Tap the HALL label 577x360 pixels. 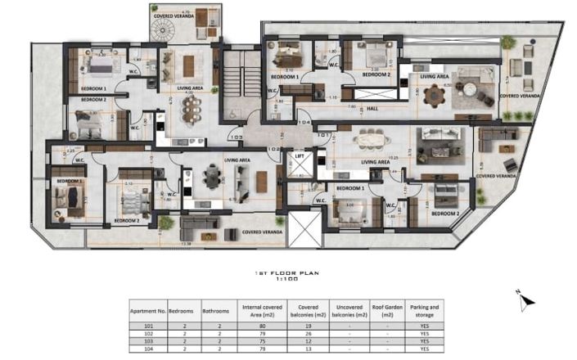[372, 108]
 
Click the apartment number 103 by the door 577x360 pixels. [237, 137]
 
